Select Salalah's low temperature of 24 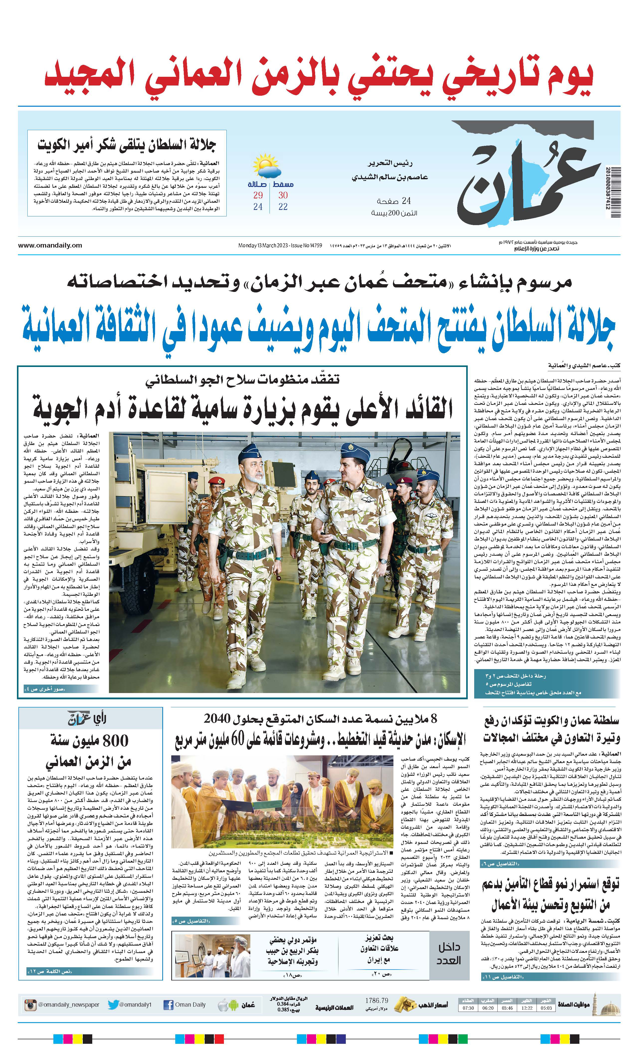pyautogui.click(x=258, y=207)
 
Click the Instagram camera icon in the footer pyautogui.click(x=30, y=1005)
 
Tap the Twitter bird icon pyautogui.click(x=113, y=1005)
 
